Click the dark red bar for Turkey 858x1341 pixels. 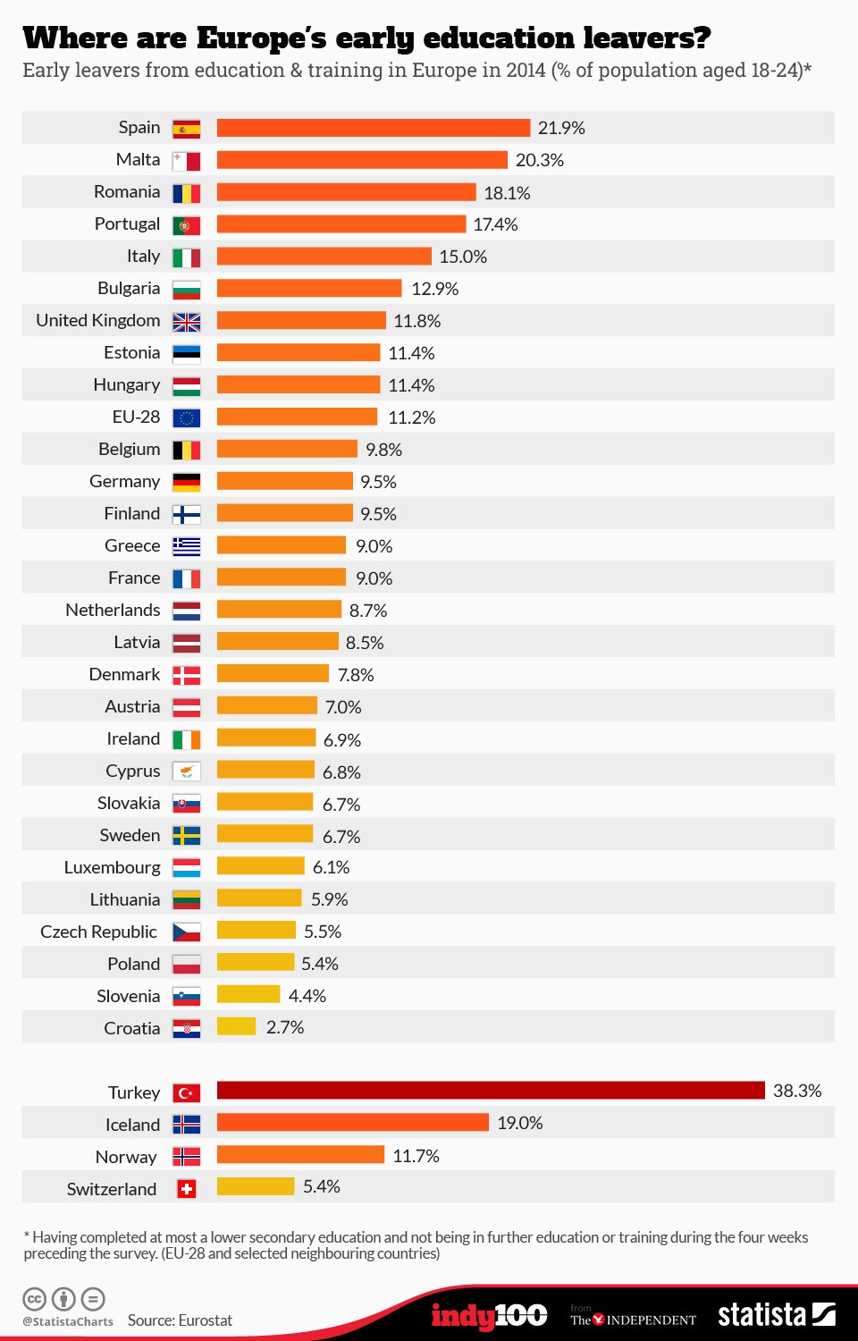491,1091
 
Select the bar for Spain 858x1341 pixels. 373,128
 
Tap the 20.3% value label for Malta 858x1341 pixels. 539,160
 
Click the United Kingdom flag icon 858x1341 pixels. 186,322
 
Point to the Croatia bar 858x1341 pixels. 236,1026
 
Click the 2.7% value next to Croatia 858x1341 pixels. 285,1027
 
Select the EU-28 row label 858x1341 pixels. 136,417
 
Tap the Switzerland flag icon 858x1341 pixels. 186,1189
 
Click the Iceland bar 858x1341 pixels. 352,1123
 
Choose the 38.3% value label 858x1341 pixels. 796,1091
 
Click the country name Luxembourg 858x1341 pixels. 112,867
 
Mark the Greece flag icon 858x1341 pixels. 186,546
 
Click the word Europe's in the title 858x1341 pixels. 261,38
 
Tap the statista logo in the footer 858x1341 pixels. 776,1314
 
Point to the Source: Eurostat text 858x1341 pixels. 180,1320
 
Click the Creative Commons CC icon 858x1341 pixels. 34,1299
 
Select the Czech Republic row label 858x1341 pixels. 98,932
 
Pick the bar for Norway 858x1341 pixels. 300,1155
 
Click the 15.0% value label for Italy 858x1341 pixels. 462,257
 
